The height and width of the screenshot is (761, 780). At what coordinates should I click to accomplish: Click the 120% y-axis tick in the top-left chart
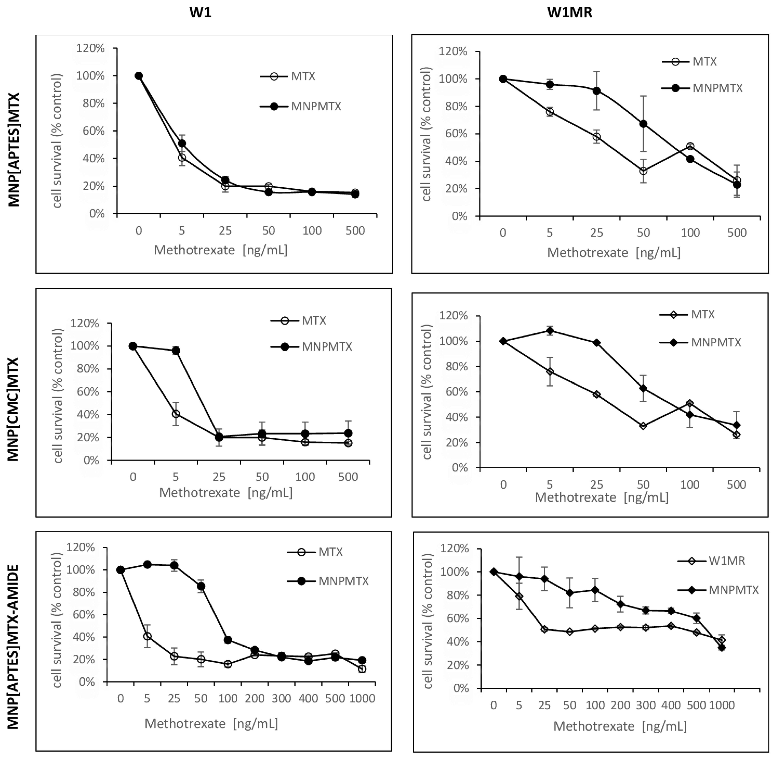coord(90,48)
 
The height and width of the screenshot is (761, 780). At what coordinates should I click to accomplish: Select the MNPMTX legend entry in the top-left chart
coord(316,106)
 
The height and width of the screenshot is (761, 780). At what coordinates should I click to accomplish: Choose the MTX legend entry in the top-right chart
coord(704,62)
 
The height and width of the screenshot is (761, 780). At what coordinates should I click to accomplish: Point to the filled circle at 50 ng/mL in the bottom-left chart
coord(201,586)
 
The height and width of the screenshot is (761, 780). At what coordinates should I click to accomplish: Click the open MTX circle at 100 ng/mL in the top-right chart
coord(690,146)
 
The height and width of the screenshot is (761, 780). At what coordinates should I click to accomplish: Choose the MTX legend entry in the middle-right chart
coord(702,315)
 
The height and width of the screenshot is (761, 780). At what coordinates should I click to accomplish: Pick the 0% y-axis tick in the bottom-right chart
coord(461,688)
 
